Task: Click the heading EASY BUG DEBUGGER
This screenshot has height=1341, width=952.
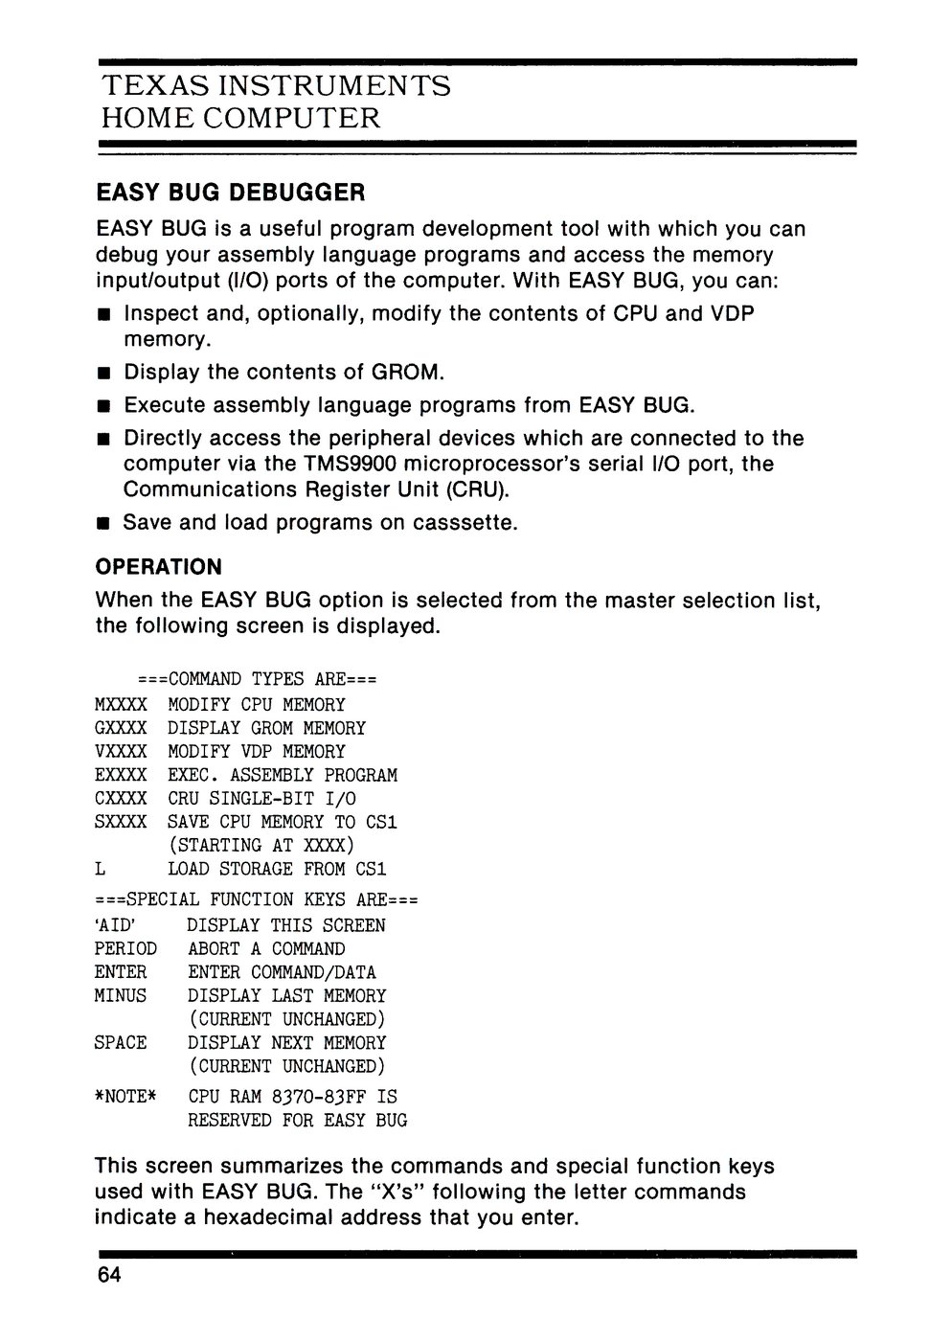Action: pos(231,193)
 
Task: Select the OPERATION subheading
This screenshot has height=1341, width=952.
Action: pos(159,567)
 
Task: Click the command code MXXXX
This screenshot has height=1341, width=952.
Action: pos(121,705)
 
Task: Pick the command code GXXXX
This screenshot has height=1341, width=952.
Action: pos(121,728)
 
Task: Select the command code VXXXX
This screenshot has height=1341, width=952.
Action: pos(121,752)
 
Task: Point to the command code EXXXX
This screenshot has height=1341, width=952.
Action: pos(121,775)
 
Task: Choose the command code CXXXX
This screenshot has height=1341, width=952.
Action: pos(121,799)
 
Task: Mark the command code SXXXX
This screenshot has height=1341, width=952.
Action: pos(121,822)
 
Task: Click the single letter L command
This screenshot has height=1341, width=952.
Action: pos(100,869)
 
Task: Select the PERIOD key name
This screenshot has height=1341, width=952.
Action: pos(125,949)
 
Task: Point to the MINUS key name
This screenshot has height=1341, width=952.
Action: pos(121,996)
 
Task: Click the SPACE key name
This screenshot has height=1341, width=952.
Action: pos(121,1043)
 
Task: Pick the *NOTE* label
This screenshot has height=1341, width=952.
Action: pos(125,1096)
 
